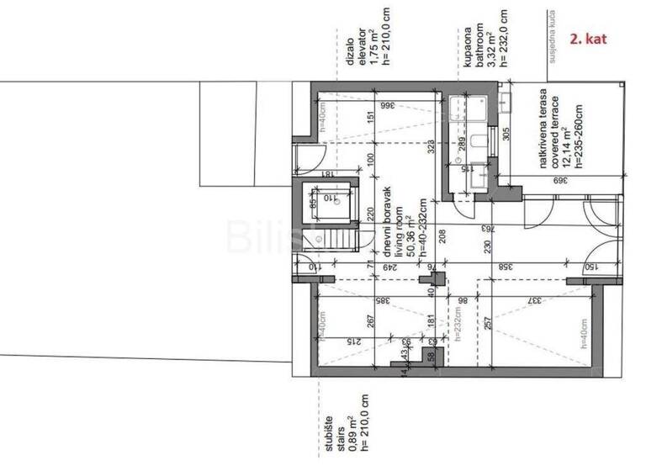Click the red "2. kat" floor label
(x=588, y=38)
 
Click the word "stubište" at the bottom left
(x=330, y=431)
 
